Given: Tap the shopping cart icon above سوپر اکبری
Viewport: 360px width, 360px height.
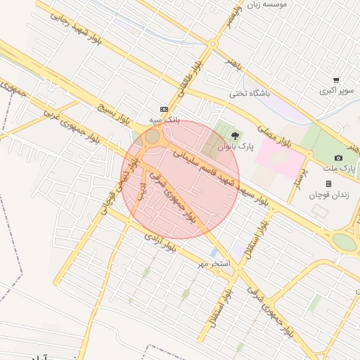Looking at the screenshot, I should coord(337,80).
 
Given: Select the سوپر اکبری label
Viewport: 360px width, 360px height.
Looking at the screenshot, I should coord(337,91).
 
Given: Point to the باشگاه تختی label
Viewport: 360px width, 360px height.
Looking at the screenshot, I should coord(250,92).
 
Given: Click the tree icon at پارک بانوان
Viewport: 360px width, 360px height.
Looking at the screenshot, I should coord(236,134).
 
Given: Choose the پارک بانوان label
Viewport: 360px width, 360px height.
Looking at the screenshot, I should coord(235,147).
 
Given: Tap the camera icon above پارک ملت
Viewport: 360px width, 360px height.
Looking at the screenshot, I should coord(339,157).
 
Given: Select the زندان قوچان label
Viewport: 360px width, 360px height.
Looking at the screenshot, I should coord(328,194).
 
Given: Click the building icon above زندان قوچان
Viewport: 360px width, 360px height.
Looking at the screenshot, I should coord(328,184).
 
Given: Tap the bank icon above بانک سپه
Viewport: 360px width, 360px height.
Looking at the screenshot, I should coord(164,109).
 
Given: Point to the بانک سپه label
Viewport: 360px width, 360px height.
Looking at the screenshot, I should coord(164,120).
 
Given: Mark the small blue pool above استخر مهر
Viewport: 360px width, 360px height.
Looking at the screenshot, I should coord(212,252).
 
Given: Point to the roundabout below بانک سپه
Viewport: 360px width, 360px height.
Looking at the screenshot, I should coord(152,136).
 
